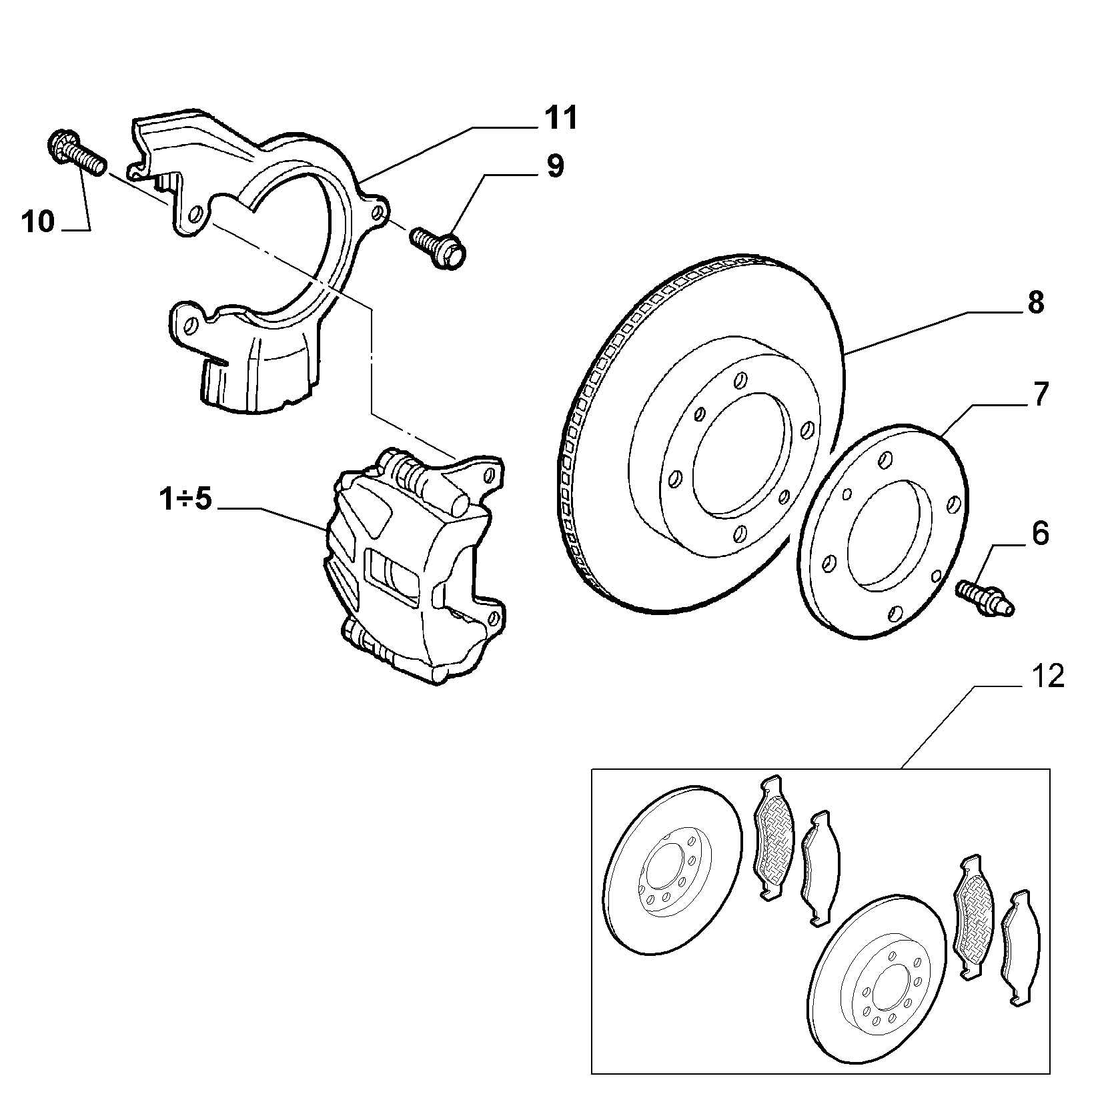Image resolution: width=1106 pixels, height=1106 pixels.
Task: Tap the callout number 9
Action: [554, 167]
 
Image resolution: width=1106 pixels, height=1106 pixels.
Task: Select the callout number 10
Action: [38, 221]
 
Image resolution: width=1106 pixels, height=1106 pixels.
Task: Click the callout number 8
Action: [1035, 304]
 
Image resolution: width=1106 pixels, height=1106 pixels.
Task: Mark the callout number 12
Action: [1047, 677]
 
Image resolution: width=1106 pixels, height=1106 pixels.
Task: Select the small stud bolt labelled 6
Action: [985, 598]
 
